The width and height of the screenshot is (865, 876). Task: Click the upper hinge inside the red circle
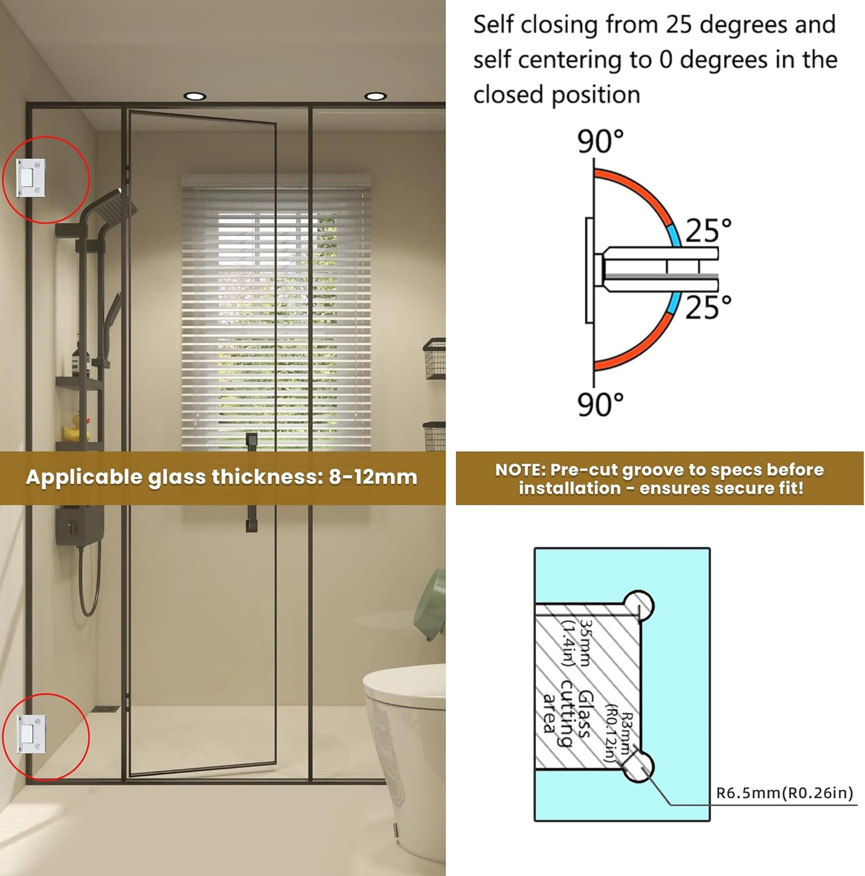(x=31, y=178)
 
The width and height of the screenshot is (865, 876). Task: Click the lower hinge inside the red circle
(x=31, y=734)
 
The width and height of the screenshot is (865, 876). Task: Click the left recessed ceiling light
(x=194, y=96)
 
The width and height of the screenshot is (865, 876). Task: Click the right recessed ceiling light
(x=375, y=96)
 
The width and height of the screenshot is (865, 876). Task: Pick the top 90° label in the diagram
(x=600, y=141)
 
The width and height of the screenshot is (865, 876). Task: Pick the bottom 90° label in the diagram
(x=600, y=404)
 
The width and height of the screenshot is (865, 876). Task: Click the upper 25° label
(x=708, y=231)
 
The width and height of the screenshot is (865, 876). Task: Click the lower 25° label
(x=708, y=307)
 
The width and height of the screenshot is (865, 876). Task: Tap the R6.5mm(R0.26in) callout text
(x=784, y=793)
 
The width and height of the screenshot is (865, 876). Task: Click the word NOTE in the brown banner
(x=519, y=470)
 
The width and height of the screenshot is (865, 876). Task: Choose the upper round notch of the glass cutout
(x=639, y=606)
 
